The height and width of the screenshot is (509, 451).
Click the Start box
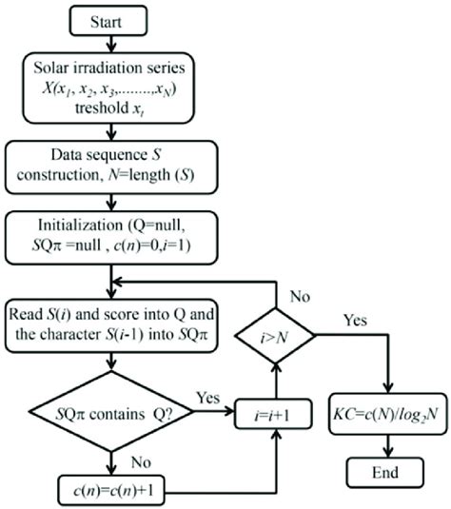(113, 20)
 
